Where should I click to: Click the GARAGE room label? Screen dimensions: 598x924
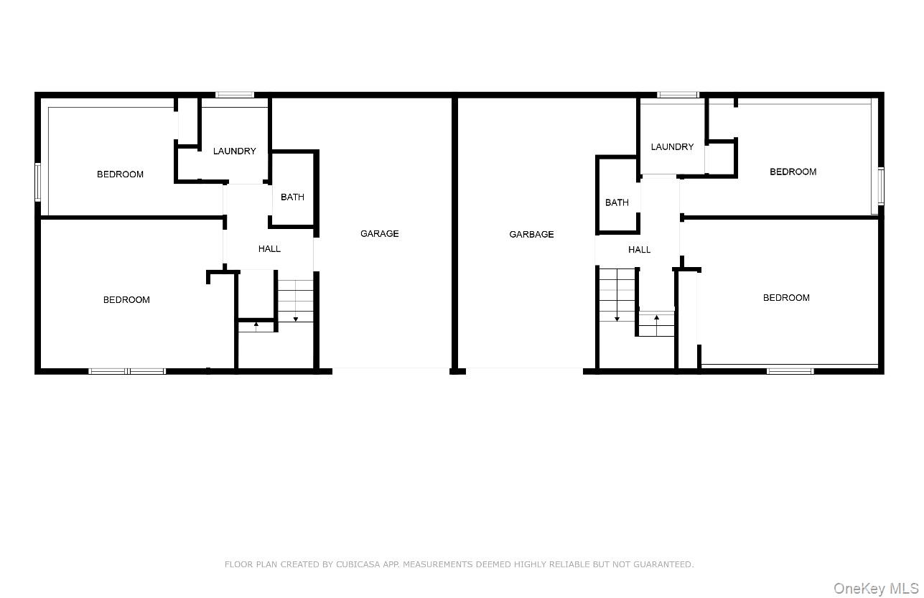(379, 233)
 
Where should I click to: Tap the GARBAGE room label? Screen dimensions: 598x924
(531, 234)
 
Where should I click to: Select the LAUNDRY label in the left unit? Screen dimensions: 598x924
(234, 151)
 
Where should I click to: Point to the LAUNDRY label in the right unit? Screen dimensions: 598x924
(672, 146)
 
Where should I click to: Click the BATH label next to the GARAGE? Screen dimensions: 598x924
(292, 197)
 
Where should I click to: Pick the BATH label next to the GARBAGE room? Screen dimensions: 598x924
(617, 202)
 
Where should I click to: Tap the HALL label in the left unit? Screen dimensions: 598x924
(269, 248)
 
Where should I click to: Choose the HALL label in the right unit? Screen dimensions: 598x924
(639, 249)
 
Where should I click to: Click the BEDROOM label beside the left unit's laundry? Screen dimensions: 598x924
(120, 174)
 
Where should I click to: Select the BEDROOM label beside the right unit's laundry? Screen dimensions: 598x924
(793, 172)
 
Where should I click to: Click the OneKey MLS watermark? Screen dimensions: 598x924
(875, 589)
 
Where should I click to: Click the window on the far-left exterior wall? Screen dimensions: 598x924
(38, 182)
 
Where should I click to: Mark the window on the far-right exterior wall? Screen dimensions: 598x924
(881, 186)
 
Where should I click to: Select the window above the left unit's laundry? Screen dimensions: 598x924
(235, 94)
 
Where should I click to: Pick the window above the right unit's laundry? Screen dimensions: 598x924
(678, 94)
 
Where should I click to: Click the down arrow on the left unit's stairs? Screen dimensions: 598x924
(296, 318)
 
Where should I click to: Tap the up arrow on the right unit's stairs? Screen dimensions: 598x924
(656, 317)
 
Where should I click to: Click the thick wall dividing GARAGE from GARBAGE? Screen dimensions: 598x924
(454, 233)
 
